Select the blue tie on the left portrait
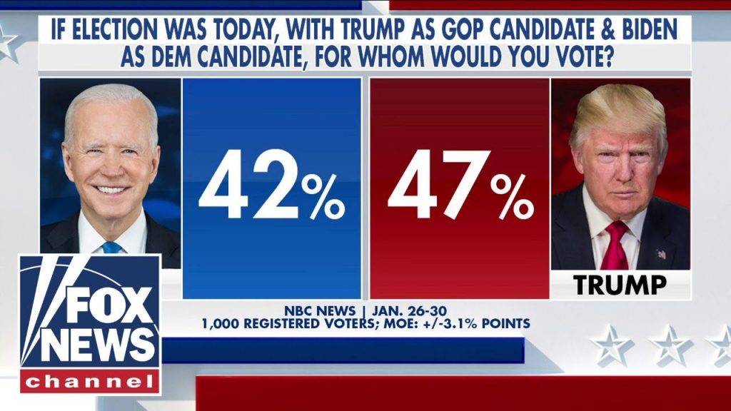click(111, 247)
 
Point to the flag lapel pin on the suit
click(661, 253)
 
